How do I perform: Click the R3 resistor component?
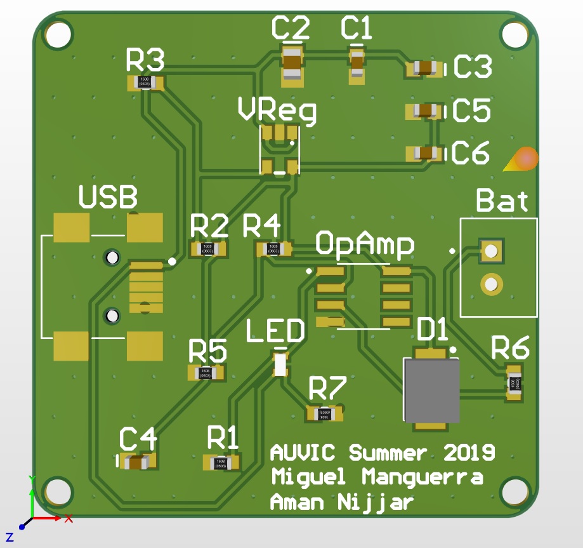point(146,83)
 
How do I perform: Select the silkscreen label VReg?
point(277,110)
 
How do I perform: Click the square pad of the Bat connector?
point(490,251)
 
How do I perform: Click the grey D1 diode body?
point(431,389)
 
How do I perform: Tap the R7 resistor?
point(324,413)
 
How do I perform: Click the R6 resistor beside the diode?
point(514,383)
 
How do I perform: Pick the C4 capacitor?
point(136,462)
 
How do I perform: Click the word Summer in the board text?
point(388,453)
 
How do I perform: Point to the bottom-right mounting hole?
point(514,491)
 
